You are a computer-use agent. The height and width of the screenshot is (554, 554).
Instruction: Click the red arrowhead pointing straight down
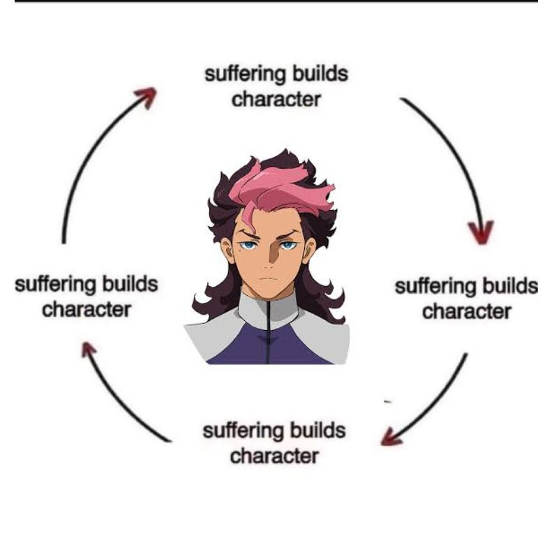[481, 232]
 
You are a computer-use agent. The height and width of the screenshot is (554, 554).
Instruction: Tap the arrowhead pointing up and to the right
[146, 97]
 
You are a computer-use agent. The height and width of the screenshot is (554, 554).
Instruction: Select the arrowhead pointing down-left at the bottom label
[391, 437]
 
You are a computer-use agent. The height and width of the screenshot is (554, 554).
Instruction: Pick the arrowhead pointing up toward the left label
[89, 349]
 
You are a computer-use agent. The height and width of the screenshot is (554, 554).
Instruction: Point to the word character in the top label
[276, 99]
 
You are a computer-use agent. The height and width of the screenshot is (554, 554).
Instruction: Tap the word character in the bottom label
[274, 456]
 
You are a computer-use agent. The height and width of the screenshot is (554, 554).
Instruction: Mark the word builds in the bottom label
[318, 431]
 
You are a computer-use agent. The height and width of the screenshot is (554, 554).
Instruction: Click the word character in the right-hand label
[467, 312]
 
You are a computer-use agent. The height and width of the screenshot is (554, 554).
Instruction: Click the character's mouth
[269, 279]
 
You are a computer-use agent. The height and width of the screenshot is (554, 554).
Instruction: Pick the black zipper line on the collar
[269, 332]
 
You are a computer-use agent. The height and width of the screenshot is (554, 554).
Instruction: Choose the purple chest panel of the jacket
[269, 345]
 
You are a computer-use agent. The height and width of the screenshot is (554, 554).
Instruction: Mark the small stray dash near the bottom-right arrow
[388, 401]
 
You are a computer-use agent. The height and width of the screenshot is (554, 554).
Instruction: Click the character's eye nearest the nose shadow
[287, 244]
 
